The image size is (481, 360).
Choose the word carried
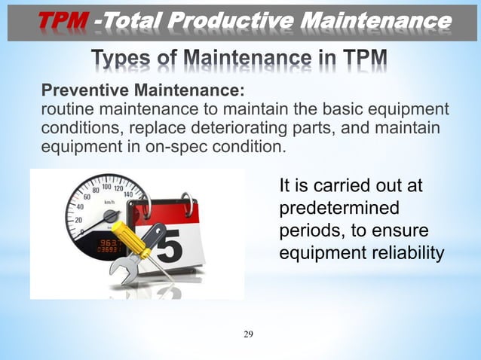334,185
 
